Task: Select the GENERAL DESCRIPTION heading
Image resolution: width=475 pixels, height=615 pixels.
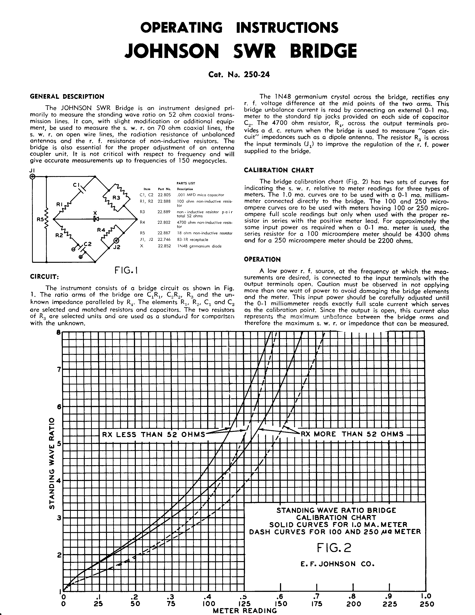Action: point(67,97)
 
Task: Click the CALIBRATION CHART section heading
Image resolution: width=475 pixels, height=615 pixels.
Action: point(279,170)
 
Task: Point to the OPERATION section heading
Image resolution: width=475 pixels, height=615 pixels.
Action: point(262,259)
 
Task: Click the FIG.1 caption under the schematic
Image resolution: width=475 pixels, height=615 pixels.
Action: point(126,271)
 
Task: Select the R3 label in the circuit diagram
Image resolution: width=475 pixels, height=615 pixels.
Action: point(116,198)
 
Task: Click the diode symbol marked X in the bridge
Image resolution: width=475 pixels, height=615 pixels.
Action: point(96,219)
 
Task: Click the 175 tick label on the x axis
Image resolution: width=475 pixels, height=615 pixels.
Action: point(317,604)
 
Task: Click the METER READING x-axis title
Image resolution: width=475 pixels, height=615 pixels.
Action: point(245,611)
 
